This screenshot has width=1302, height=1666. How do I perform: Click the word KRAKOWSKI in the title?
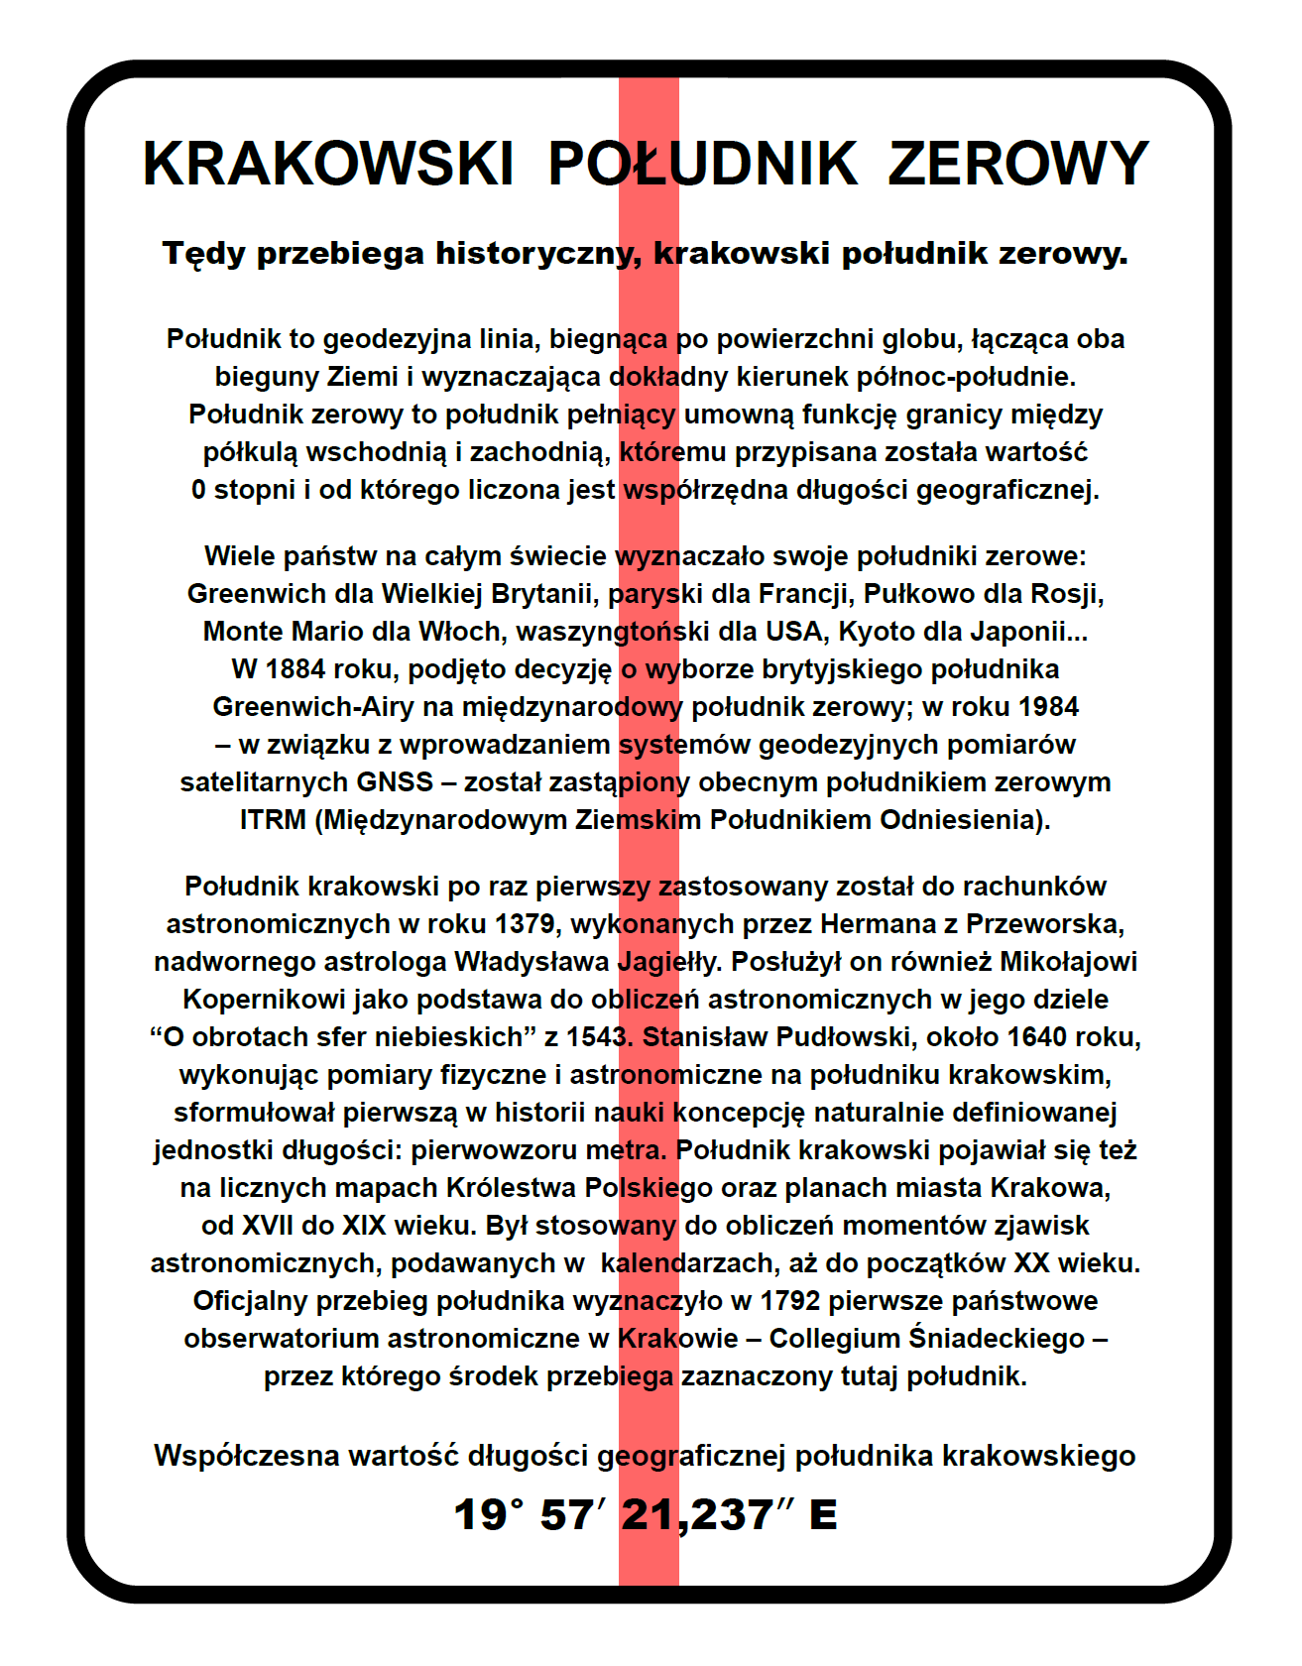click(x=328, y=164)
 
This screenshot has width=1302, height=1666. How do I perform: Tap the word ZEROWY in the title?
click(x=1017, y=164)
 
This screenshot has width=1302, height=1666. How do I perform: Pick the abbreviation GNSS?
click(x=395, y=782)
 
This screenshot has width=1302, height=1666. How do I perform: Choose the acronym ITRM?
click(x=273, y=820)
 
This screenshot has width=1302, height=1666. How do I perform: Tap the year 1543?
click(x=598, y=1037)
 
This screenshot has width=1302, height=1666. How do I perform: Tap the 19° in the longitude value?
click(x=488, y=1514)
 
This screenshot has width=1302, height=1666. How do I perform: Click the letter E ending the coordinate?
click(x=823, y=1515)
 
